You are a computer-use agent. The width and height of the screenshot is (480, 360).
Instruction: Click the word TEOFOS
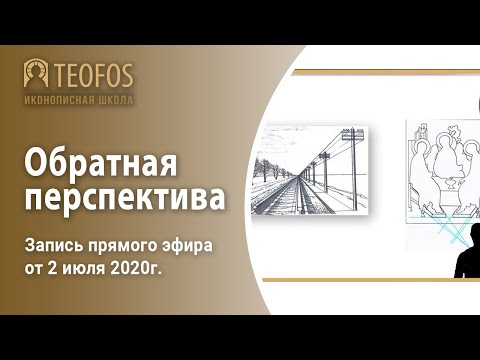click(x=94, y=75)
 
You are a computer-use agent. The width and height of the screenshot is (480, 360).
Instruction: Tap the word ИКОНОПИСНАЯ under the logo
click(x=58, y=100)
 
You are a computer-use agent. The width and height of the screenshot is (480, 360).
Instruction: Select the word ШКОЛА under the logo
click(x=115, y=100)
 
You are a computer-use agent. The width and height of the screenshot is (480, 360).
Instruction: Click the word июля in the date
click(x=87, y=268)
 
